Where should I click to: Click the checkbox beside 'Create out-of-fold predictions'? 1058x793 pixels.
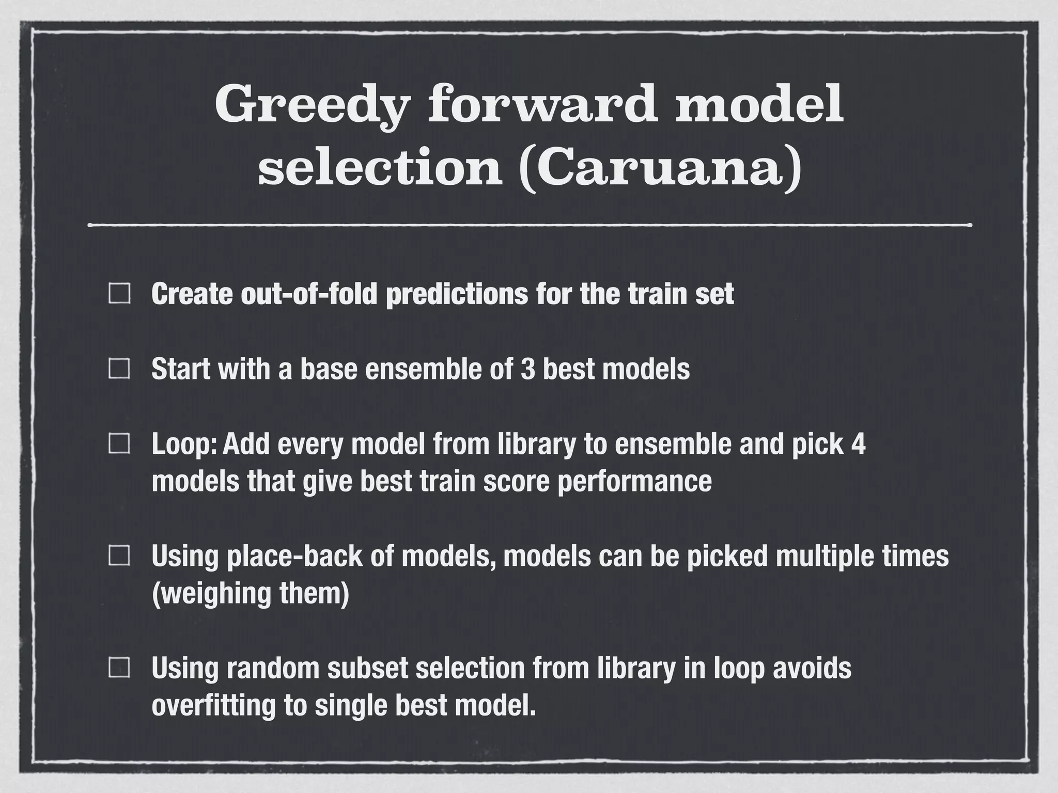[x=119, y=294]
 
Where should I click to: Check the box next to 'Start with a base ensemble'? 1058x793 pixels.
[x=119, y=369]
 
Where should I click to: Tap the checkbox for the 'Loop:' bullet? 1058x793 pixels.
[x=119, y=444]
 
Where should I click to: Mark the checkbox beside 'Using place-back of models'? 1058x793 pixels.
[x=119, y=556]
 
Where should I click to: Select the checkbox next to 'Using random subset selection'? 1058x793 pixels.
[x=119, y=668]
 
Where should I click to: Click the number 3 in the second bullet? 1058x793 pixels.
[x=527, y=369]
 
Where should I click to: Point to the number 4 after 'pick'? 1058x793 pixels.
[x=858, y=444]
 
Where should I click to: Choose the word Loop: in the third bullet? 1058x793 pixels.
[x=183, y=444]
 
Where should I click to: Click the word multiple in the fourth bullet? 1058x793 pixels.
[x=823, y=557]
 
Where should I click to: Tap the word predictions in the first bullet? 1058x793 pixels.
[x=457, y=294]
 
